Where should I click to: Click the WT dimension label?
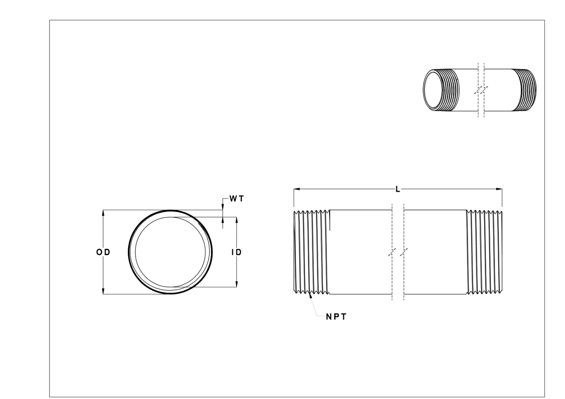pos(236,199)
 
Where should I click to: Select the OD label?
pos(103,252)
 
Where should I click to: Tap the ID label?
pos(236,252)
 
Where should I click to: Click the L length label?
pos(398,189)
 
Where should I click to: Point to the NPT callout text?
pos(336,316)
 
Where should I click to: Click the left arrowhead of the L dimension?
pos(296,189)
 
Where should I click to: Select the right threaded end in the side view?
pos(484,252)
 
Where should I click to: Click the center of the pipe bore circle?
pos(171,252)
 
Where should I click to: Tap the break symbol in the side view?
pos(398,252)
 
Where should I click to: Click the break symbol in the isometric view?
pos(481,90)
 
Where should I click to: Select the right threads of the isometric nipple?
pos(525,90)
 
